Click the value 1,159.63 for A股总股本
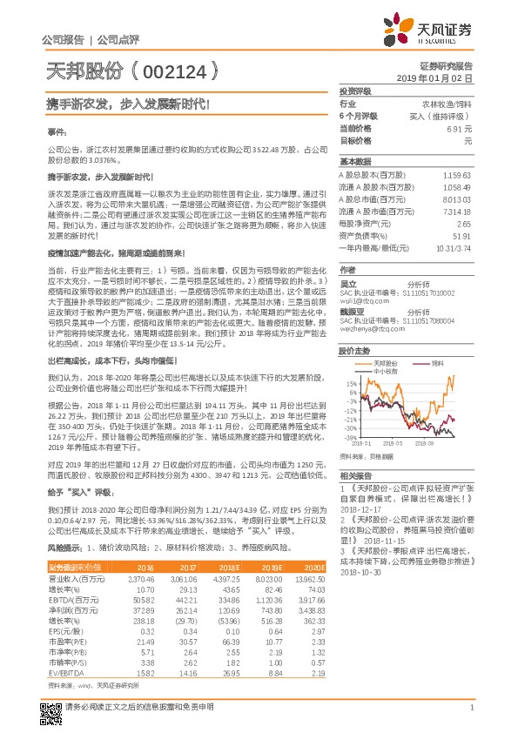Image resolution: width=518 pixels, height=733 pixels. (456, 175)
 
